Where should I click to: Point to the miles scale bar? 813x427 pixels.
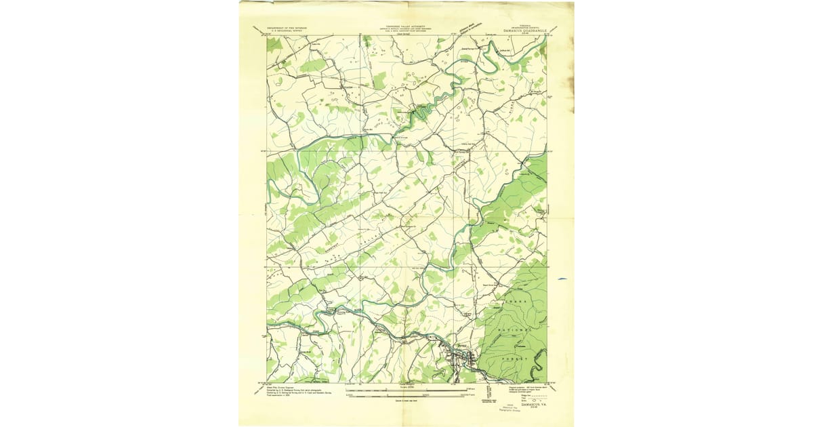(x=406, y=390)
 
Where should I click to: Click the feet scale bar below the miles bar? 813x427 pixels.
(x=406, y=395)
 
